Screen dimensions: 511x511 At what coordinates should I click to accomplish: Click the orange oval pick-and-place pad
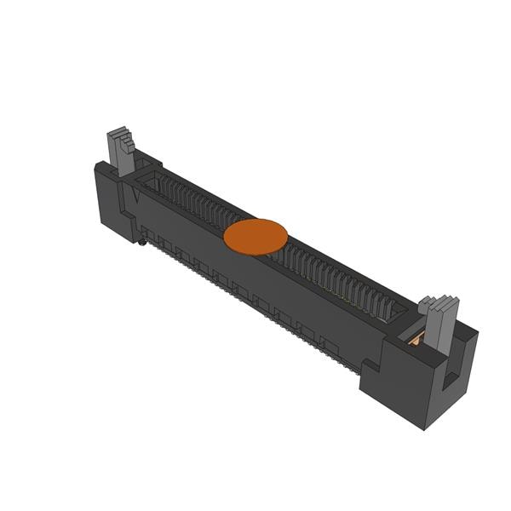point(255,236)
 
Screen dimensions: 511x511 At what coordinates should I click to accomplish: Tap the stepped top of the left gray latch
point(118,136)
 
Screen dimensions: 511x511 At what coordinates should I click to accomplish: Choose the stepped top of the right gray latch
point(439,304)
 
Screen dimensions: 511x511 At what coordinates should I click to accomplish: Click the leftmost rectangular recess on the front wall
point(147,233)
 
